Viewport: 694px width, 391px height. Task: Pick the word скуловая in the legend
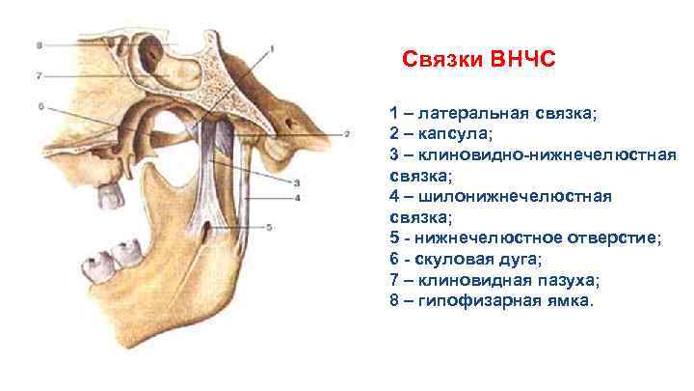coord(454,260)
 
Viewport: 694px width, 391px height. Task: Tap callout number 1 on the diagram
coord(272,47)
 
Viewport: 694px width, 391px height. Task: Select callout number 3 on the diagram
coord(297,182)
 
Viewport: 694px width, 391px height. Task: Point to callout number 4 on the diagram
coord(298,198)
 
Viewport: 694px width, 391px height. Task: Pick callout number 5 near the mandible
coord(269,228)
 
